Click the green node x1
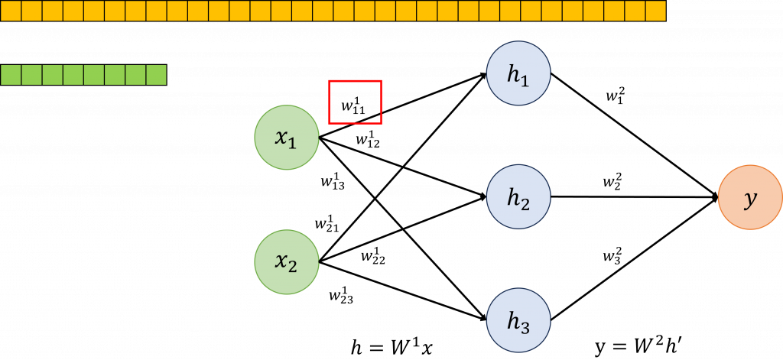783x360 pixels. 286,138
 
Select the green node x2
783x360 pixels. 286,261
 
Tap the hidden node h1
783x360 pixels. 518,73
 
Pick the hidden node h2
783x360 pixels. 518,196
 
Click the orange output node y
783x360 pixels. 749,196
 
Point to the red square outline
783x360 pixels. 355,102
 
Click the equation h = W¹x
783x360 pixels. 392,348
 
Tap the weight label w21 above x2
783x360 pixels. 327,223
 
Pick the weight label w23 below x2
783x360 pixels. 341,294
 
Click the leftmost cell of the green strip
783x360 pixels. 11,75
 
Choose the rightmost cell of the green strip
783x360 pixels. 156,75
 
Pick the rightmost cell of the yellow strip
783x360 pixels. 655,10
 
